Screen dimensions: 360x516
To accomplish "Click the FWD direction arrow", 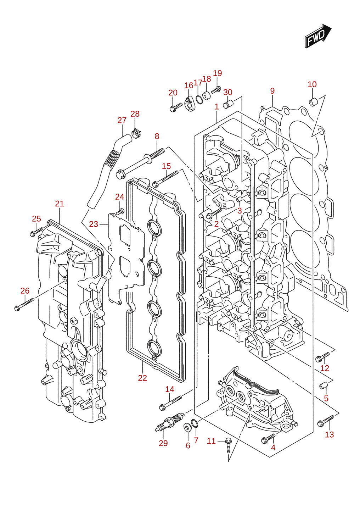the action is pos(318,36).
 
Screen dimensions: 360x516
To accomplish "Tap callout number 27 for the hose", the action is pos(122,120).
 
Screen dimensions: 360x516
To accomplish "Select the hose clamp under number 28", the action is pos(136,133).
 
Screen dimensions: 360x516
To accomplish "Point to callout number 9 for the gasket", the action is pos(272,91).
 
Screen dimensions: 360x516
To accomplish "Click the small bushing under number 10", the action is pos(313,101).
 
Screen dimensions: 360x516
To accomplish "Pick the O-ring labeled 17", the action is pos(199,99).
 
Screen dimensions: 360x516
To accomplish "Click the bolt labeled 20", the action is pos(176,107).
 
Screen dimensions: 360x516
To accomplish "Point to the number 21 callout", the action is pos(60,204).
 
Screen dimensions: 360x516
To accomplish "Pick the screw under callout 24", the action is pos(120,211).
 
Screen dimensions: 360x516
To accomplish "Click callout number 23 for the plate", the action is pos(94,224).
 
